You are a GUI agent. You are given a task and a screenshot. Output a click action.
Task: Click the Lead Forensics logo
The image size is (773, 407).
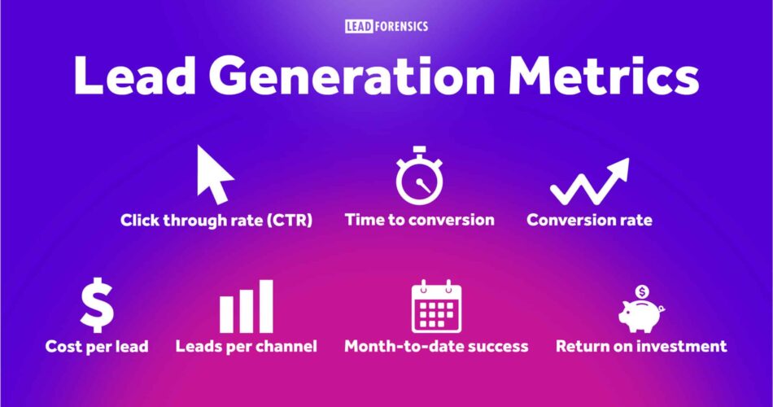(386, 26)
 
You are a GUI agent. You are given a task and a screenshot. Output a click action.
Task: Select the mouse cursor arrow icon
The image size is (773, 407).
(215, 174)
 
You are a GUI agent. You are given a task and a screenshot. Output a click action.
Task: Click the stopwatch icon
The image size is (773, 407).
(420, 175)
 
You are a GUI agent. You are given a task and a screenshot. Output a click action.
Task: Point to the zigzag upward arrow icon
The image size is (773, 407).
(590, 182)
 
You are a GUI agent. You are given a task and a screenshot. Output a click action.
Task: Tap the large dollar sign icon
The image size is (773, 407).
(97, 305)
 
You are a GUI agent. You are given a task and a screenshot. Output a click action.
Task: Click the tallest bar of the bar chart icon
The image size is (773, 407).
(266, 306)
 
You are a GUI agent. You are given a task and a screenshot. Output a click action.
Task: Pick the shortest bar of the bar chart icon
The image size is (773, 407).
(226, 315)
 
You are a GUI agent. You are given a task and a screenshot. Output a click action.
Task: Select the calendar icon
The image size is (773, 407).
(436, 306)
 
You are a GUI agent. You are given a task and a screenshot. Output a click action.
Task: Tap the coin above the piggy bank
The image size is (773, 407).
(641, 291)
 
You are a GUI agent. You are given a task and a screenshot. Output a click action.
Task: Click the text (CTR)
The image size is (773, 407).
(290, 220)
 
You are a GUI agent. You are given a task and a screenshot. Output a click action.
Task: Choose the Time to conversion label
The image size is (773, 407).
(420, 220)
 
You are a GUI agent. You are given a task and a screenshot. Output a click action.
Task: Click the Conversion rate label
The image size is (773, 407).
(589, 220)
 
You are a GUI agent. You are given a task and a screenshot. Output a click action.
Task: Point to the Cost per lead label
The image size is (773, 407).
(97, 346)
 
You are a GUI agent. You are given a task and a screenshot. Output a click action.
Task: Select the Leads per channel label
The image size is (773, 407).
(246, 346)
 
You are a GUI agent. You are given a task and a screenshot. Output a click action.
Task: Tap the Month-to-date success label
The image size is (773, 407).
(436, 346)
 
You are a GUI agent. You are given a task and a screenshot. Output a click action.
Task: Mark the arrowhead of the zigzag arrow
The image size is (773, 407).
(619, 168)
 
